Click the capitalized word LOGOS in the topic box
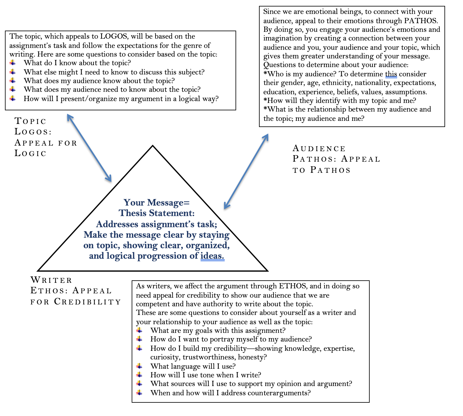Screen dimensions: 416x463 [113, 36]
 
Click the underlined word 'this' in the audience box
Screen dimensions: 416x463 [391, 74]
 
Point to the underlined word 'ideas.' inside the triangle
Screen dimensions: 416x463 [212, 256]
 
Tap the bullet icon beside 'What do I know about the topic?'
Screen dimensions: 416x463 [13, 63]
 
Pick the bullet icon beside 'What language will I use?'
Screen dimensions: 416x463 [139, 366]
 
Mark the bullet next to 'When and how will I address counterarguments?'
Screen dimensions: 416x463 [139, 393]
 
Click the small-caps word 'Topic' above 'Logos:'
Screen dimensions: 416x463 [30, 121]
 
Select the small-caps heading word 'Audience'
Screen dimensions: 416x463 [319, 148]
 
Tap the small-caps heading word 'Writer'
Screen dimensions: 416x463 [51, 280]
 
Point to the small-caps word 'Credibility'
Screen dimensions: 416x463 [87, 301]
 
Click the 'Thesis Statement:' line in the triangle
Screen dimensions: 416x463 [156, 213]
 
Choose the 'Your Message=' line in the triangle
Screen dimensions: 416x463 [156, 202]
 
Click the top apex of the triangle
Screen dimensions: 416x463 [153, 146]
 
